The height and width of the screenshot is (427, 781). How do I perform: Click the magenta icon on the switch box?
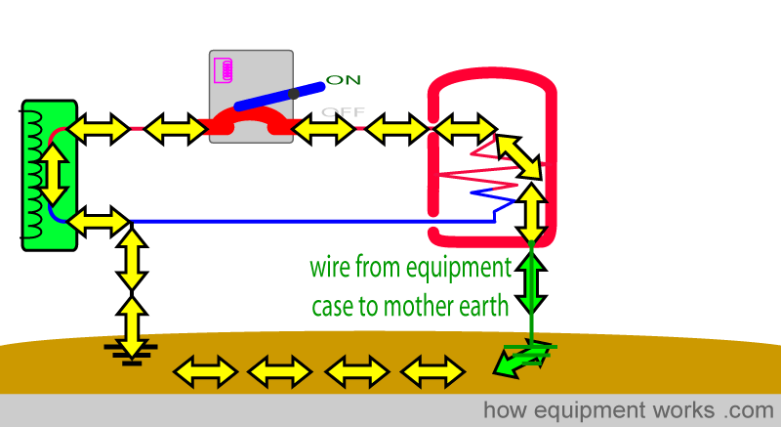point(224,70)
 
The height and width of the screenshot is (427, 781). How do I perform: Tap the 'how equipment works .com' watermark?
point(628,409)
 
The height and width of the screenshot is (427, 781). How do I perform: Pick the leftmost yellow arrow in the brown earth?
point(204,371)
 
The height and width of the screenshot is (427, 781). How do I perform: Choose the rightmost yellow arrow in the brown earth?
point(432,371)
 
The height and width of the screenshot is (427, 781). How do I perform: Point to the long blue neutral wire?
point(312,222)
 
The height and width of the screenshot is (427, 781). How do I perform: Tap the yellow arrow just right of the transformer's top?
point(98,126)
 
